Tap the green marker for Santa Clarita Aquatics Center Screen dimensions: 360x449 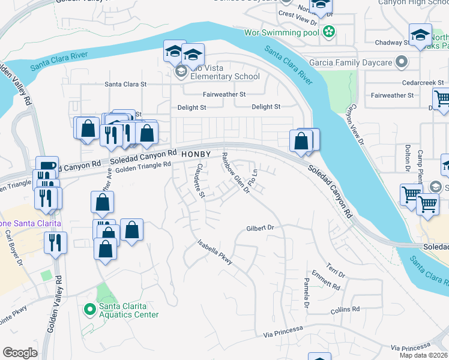pyautogui.click(x=89, y=310)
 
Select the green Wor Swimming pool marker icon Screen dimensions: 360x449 pyautogui.click(x=328, y=32)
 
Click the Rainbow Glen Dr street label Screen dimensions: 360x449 pyautogui.click(x=235, y=173)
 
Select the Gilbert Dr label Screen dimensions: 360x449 pyautogui.click(x=260, y=228)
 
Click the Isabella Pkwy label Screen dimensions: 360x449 pyautogui.click(x=215, y=253)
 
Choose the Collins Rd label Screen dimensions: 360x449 pyautogui.click(x=345, y=310)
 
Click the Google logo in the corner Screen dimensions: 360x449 pyautogui.click(x=20, y=352)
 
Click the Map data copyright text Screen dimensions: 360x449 pyautogui.click(x=423, y=355)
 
